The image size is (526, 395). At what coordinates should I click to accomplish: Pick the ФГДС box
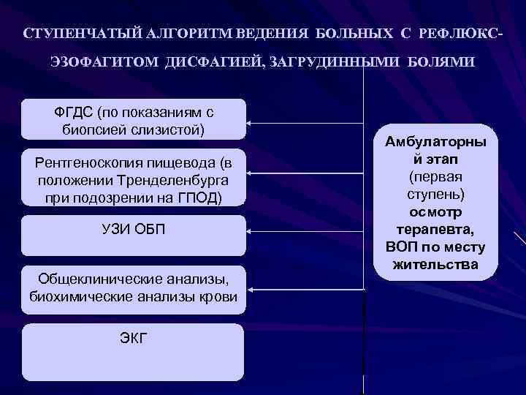coord(134,119)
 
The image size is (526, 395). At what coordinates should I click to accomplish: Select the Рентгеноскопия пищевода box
coord(134,180)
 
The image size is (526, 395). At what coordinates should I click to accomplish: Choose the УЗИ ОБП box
coord(134,235)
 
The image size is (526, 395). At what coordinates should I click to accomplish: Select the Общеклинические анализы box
coord(134,287)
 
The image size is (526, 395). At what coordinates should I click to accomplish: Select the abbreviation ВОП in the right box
coord(402,247)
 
